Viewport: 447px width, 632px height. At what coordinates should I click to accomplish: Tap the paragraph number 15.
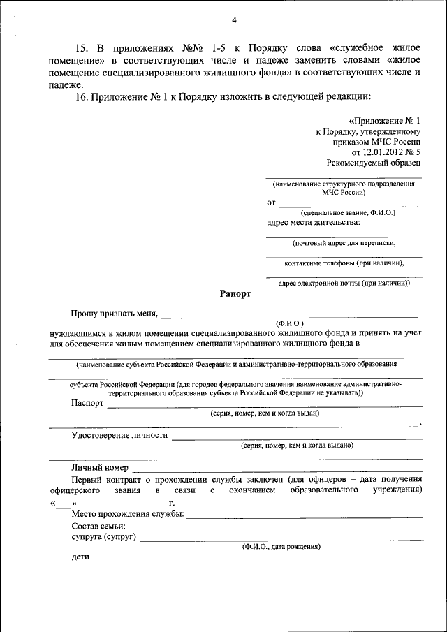(80, 48)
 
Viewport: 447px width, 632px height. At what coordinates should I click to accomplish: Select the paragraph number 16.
(80, 96)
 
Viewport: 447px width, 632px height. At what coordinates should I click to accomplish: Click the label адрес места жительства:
(314, 223)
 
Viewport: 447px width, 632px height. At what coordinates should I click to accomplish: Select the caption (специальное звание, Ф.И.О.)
(349, 212)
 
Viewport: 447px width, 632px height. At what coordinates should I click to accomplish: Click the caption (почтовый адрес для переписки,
(344, 243)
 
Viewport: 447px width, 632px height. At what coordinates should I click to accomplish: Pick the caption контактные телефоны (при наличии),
(344, 263)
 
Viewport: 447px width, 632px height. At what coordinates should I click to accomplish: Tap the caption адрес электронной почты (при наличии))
(344, 284)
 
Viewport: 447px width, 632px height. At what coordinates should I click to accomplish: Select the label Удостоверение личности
(119, 435)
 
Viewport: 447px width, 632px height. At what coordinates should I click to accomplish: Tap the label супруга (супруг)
(103, 537)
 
